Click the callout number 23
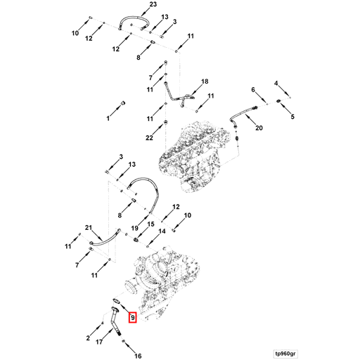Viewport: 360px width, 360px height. click(153, 4)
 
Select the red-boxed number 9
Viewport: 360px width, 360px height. click(133, 318)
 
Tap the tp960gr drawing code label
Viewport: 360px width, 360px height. click(285, 354)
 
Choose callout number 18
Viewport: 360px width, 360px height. click(205, 82)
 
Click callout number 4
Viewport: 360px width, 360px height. click(276, 83)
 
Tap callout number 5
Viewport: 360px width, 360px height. click(292, 117)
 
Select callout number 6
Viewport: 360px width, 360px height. click(253, 89)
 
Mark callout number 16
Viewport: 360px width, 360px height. click(138, 356)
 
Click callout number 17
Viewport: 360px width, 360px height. click(99, 342)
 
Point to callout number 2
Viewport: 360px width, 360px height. click(88, 338)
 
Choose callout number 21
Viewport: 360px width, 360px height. click(89, 227)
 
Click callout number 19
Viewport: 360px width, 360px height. click(134, 228)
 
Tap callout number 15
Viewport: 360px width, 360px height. click(151, 224)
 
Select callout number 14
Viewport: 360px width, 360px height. click(162, 231)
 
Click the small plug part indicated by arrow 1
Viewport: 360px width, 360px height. click(123, 103)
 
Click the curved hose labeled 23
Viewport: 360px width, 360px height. click(134, 18)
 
